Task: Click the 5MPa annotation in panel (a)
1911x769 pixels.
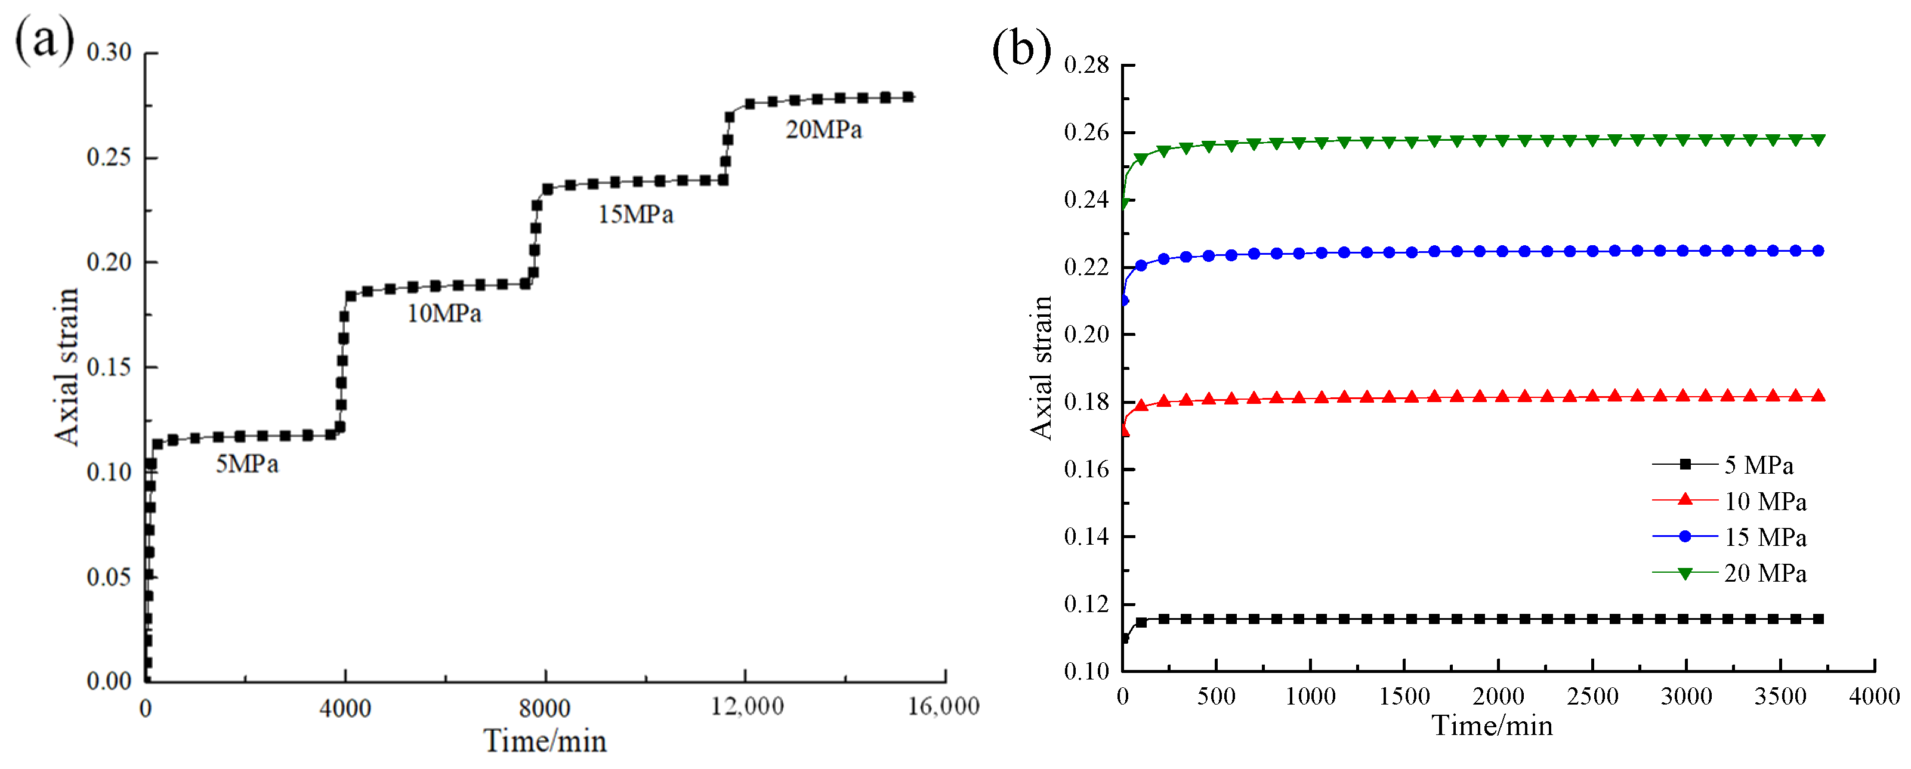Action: [247, 464]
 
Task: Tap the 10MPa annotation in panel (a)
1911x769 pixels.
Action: [444, 314]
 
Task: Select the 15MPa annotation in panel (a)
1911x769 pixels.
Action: [636, 215]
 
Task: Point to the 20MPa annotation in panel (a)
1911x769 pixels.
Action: [823, 130]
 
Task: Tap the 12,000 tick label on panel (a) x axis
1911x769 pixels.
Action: [747, 707]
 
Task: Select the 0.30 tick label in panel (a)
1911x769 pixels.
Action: [109, 52]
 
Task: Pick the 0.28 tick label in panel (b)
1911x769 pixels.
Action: [1086, 65]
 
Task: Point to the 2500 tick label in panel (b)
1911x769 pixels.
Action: [1592, 696]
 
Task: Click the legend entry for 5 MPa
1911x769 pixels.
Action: [1758, 465]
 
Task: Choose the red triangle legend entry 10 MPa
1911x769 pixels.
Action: [1765, 501]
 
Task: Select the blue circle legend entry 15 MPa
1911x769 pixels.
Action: [1765, 537]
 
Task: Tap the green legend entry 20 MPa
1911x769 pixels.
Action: [1765, 573]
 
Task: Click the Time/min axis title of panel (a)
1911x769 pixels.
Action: [545, 741]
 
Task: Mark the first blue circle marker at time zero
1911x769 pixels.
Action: [1123, 300]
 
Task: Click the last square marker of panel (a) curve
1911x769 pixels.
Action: [908, 97]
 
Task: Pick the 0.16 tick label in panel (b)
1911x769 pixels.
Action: [1086, 470]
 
